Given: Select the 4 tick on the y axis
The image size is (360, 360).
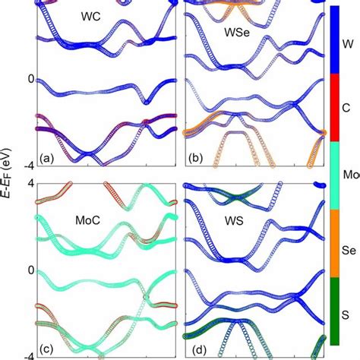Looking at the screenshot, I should [x=30, y=183].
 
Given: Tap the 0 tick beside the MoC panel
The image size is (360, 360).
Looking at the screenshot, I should [x=30, y=270].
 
